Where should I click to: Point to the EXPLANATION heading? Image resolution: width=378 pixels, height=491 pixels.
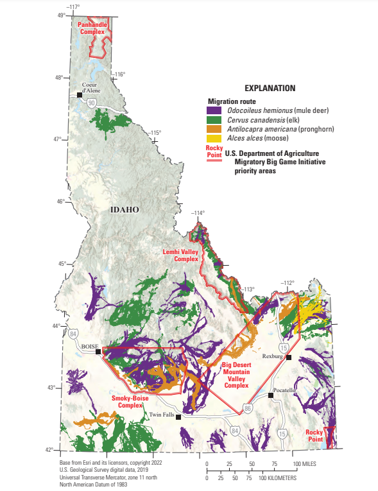pyautogui.click(x=270, y=87)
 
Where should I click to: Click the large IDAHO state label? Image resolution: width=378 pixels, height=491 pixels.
pyautogui.click(x=125, y=210)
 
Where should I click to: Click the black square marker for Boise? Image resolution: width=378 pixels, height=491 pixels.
pyautogui.click(x=98, y=352)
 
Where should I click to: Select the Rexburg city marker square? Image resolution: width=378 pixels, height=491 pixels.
pyautogui.click(x=289, y=357)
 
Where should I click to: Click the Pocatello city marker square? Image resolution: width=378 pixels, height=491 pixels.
pyautogui.click(x=271, y=395)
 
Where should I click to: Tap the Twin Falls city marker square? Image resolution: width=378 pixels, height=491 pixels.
pyautogui.click(x=178, y=417)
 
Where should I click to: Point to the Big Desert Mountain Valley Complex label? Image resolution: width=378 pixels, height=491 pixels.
pyautogui.click(x=236, y=375)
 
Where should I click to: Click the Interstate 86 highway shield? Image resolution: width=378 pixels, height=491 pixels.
pyautogui.click(x=248, y=408)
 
